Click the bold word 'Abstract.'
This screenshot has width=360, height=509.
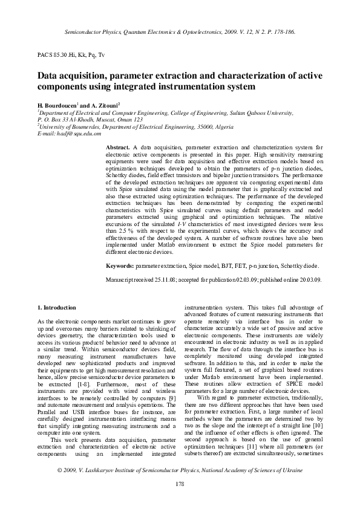tap(118, 148)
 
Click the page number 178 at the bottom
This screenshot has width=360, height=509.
tap(180, 484)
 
